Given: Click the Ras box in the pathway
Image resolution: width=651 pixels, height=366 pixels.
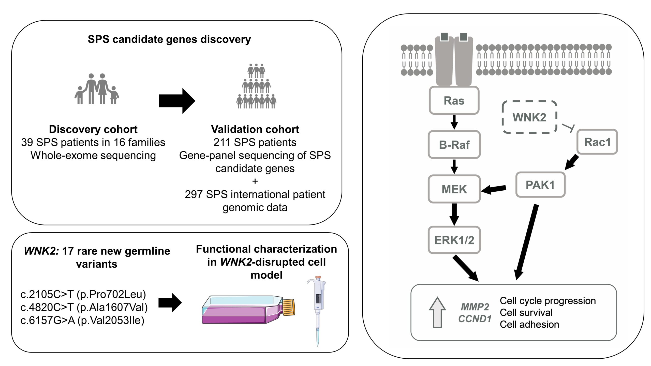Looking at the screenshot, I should (x=454, y=100).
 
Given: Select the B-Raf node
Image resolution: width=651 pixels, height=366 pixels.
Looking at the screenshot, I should (x=454, y=145).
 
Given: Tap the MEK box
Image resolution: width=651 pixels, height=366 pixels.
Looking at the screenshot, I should (x=454, y=189).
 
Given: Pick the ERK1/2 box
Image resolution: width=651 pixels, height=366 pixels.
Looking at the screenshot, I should (x=454, y=240).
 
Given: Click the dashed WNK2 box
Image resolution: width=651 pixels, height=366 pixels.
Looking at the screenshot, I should (x=529, y=117).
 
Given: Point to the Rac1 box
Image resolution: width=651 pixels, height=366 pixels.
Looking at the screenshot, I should (x=597, y=142).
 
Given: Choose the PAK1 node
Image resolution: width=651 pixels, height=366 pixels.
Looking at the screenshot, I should (x=540, y=185).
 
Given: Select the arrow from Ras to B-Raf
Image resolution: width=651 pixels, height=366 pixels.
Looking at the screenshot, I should (x=454, y=122).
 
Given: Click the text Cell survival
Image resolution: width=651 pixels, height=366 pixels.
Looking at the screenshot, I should (x=526, y=312).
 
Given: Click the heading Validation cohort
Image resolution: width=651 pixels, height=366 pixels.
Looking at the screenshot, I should (x=255, y=129).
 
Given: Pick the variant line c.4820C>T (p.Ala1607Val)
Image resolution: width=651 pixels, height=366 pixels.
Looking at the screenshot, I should (x=84, y=307).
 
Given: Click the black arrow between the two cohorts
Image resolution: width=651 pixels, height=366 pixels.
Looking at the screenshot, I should (x=177, y=101).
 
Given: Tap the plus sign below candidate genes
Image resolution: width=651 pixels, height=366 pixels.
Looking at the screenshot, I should (x=255, y=181).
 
